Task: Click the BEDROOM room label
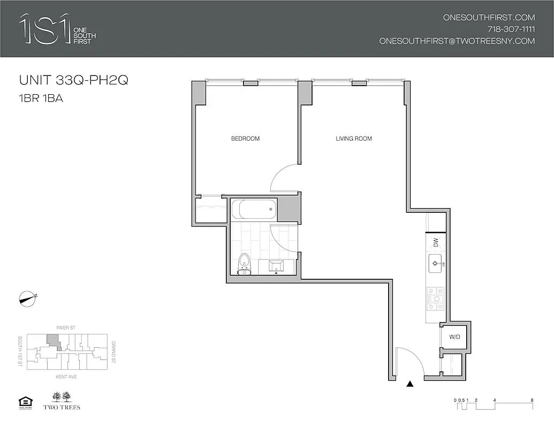(x=245, y=139)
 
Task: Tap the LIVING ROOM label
(x=353, y=139)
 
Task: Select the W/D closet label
(x=454, y=337)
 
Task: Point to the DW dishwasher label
(x=436, y=242)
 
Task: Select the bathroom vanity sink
(x=278, y=266)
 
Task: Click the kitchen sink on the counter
(x=435, y=263)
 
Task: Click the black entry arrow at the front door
(x=410, y=384)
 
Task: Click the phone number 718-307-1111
(x=511, y=29)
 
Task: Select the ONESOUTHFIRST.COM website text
(x=489, y=17)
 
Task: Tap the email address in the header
(x=457, y=41)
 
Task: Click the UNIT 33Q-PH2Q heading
(x=73, y=81)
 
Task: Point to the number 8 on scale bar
(x=532, y=400)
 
